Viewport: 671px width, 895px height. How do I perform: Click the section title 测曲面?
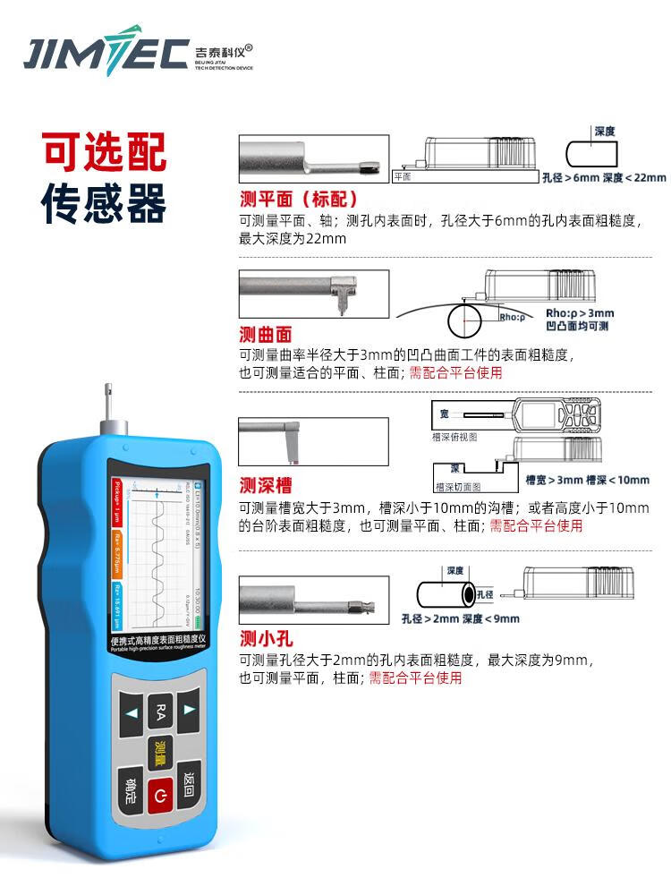point(266,334)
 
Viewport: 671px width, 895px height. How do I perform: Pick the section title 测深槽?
point(266,486)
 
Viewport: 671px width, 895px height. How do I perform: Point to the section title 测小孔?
point(266,638)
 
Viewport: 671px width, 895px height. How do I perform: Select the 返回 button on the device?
point(188,784)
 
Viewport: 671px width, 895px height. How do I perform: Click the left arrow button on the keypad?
point(132,713)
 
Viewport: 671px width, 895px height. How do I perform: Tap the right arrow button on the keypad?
point(189,710)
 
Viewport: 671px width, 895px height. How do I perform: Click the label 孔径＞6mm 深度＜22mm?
point(604,177)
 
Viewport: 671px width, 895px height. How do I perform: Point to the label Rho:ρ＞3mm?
point(580,313)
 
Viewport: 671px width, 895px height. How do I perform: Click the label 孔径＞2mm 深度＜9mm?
point(460,618)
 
